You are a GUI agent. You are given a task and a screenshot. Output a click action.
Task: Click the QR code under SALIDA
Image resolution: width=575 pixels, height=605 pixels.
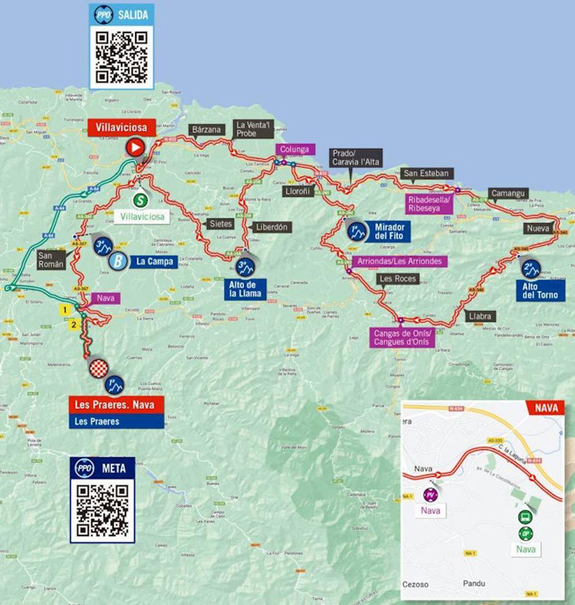point(122,57)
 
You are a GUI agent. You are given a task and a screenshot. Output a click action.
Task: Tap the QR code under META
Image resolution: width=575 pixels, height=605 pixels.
point(102,510)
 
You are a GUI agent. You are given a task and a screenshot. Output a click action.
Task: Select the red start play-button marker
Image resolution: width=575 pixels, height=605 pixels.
point(135,147)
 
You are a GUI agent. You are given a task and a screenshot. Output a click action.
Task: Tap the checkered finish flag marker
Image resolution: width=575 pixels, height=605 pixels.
point(99,368)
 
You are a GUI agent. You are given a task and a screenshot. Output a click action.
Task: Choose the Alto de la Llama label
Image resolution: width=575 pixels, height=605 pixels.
point(246,288)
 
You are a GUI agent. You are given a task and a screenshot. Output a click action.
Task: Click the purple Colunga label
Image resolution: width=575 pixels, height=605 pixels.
point(295,149)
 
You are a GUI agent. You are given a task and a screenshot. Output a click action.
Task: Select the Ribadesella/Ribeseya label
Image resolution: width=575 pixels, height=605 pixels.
point(429,204)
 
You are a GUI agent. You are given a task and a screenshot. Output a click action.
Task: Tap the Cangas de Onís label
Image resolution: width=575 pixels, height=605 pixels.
point(401,338)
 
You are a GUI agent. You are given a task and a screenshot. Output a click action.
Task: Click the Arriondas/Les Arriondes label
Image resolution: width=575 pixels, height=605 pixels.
point(399,261)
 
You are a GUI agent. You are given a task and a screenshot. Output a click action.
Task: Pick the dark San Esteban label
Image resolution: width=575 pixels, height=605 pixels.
point(426,173)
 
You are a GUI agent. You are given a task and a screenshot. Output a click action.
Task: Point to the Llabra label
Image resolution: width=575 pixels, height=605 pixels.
point(480,317)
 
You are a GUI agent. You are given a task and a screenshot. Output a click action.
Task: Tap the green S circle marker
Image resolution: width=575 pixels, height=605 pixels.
point(141,199)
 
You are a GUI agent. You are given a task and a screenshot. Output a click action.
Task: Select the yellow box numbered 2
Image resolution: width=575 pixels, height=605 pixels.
point(74,325)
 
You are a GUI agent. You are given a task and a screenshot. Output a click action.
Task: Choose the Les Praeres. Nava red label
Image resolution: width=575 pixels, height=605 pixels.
point(116,405)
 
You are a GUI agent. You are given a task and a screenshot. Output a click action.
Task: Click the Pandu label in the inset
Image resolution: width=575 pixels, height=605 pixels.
point(474,584)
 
